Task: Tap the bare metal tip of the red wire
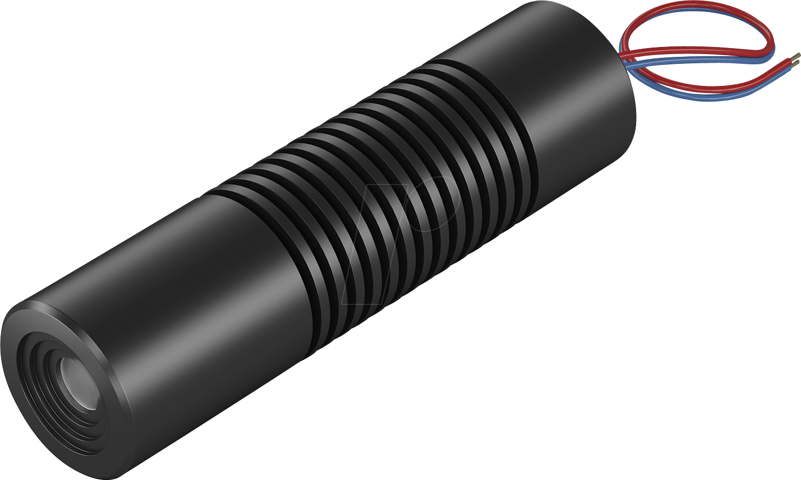tap(796, 56)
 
